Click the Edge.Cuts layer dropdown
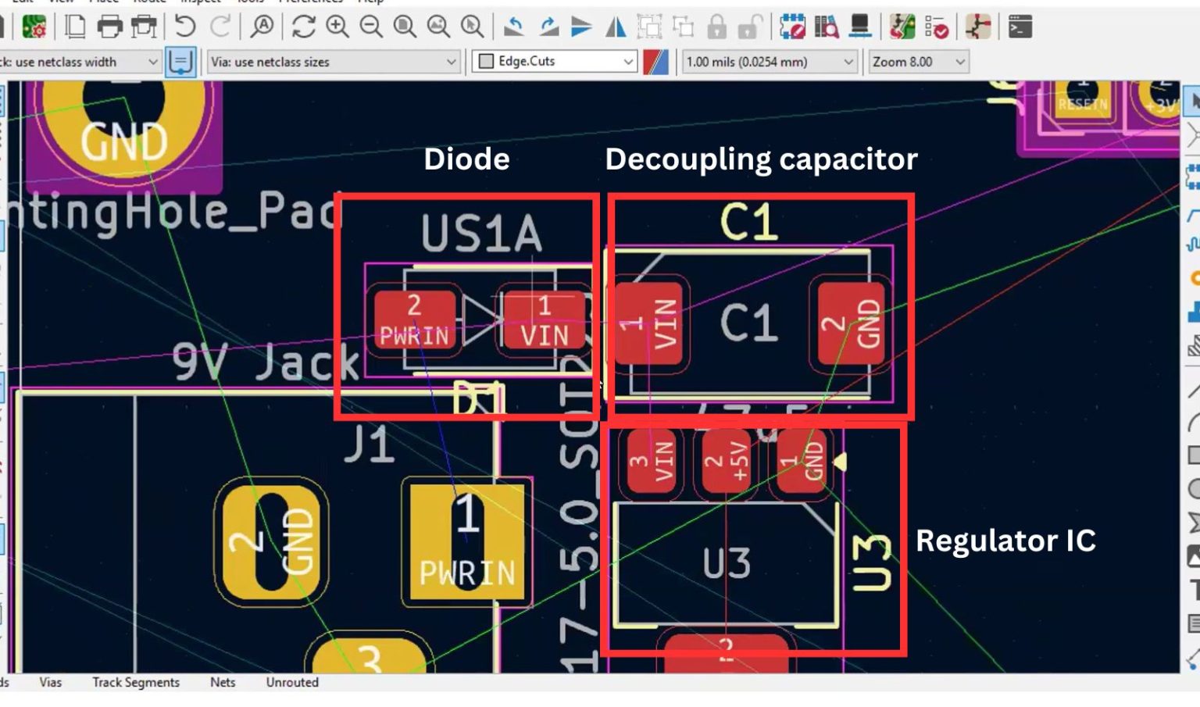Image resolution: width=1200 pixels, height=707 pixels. pyautogui.click(x=555, y=61)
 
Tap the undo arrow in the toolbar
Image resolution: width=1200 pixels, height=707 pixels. pyautogui.click(x=185, y=27)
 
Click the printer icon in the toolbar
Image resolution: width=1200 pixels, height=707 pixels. pyautogui.click(x=109, y=27)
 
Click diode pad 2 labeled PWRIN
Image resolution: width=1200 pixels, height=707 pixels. pyautogui.click(x=414, y=320)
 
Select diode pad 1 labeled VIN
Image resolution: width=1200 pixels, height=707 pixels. pyautogui.click(x=544, y=320)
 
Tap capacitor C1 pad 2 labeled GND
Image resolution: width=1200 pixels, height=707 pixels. pyautogui.click(x=851, y=323)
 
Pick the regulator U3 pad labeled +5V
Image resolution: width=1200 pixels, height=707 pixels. pyautogui.click(x=726, y=461)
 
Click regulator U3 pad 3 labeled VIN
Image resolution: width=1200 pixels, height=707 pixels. pyautogui.click(x=652, y=461)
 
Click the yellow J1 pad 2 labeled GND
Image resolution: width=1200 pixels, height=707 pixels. pyautogui.click(x=271, y=541)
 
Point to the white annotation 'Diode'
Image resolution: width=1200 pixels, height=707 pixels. pyautogui.click(x=466, y=159)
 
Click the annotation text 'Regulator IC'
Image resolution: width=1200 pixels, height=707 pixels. pyautogui.click(x=1005, y=541)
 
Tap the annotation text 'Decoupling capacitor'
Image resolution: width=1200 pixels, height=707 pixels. pyautogui.click(x=761, y=159)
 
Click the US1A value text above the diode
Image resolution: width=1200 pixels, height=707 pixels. pyautogui.click(x=481, y=234)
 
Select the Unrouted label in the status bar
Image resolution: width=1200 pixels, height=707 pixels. pyautogui.click(x=292, y=682)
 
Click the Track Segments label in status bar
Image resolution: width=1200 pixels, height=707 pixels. pyautogui.click(x=136, y=682)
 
